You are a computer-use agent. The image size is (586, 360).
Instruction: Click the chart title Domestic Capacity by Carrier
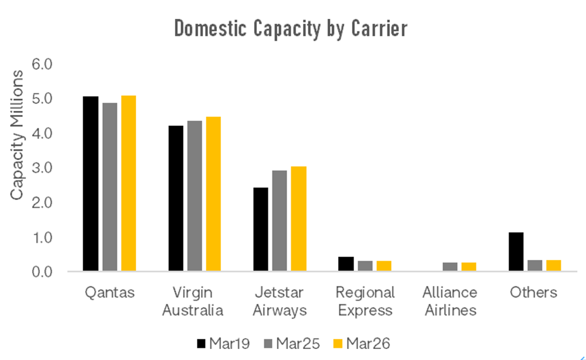click(x=291, y=29)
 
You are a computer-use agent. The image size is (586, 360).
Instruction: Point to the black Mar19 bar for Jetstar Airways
click(x=261, y=229)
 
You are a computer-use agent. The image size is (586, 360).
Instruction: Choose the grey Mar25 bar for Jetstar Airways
click(x=279, y=220)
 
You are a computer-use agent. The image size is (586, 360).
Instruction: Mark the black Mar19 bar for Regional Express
click(x=346, y=264)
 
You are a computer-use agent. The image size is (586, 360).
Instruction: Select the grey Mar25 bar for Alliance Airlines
click(x=450, y=267)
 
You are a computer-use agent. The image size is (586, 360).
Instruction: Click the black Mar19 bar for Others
click(x=516, y=252)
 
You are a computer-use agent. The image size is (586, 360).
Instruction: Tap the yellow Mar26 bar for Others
click(x=554, y=265)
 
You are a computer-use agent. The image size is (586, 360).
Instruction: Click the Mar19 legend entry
click(x=223, y=344)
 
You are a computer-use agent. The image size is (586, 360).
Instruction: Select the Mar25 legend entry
click(x=292, y=344)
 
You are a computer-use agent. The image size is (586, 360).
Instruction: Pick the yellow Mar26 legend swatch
click(x=338, y=344)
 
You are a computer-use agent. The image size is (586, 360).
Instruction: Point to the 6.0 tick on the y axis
click(x=42, y=64)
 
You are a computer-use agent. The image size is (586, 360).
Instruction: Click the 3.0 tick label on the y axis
click(x=42, y=168)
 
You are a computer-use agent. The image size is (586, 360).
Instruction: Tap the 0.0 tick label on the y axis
click(x=42, y=272)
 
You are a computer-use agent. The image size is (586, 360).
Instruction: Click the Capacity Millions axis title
click(x=17, y=135)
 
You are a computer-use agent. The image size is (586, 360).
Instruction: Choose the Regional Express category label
click(x=365, y=301)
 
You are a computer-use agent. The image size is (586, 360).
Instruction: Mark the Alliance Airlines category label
click(x=450, y=301)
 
